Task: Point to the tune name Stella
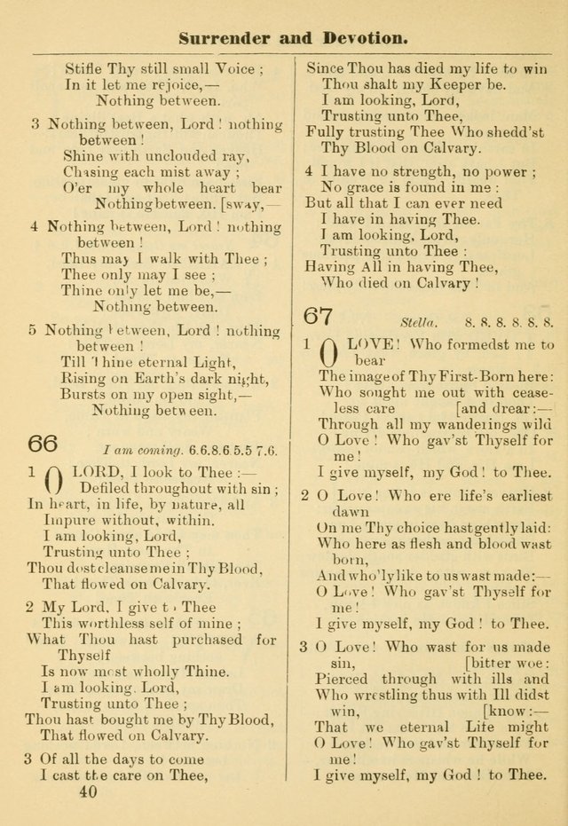click(x=415, y=323)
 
